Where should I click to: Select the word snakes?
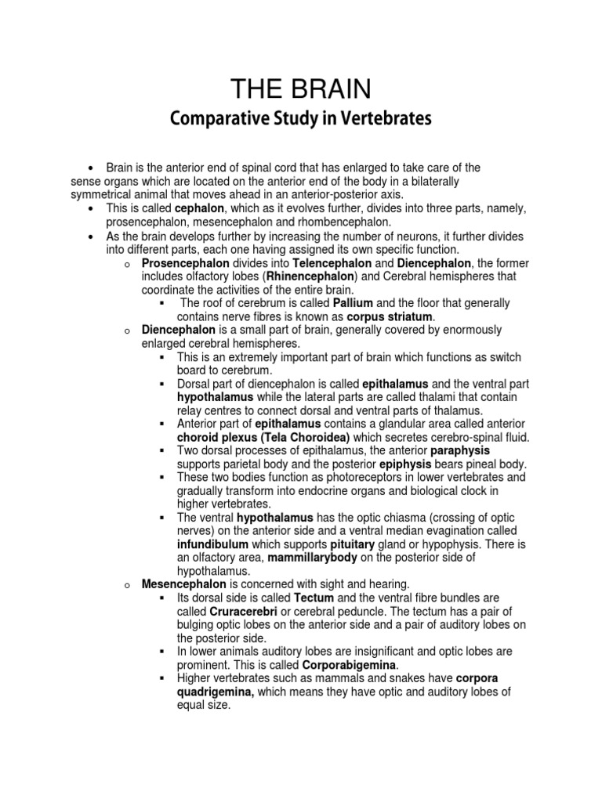click(395, 678)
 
